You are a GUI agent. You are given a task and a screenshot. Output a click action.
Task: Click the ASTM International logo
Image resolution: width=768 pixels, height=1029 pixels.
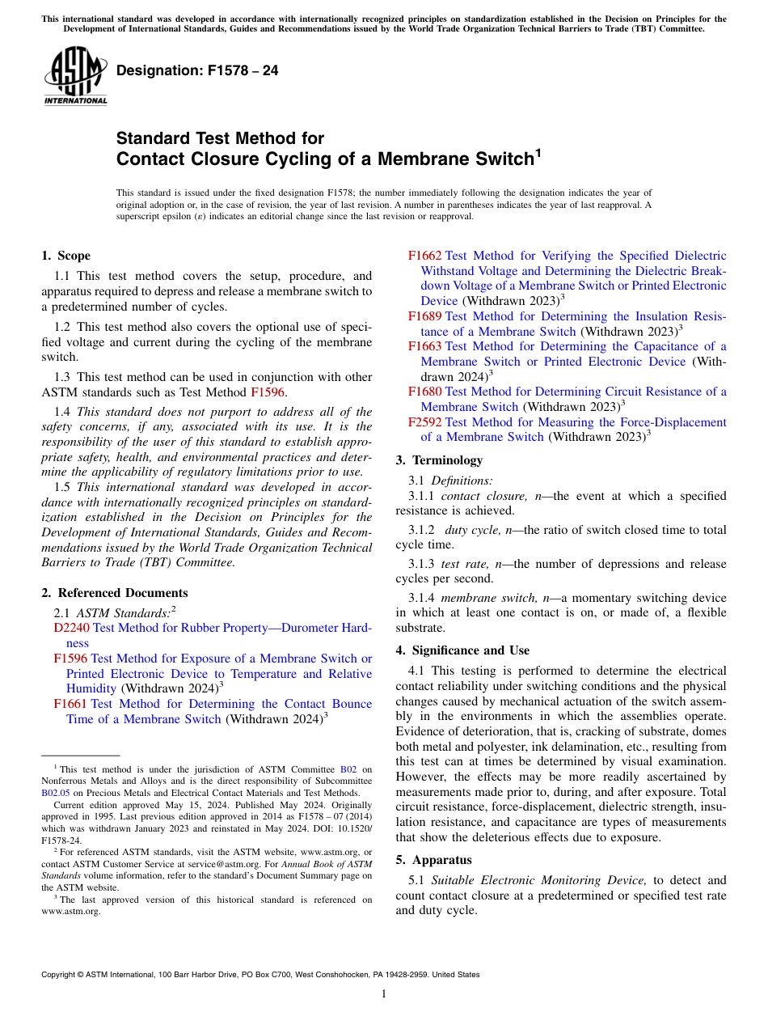pyautogui.click(x=75, y=76)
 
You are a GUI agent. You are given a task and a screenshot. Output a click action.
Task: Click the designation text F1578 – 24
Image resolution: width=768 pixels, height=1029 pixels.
pyautogui.click(x=197, y=70)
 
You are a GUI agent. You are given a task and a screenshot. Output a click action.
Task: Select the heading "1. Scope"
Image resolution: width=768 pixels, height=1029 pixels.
pyautogui.click(x=65, y=256)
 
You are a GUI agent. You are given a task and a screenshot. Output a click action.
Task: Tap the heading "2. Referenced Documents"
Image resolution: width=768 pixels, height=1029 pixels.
pyautogui.click(x=114, y=593)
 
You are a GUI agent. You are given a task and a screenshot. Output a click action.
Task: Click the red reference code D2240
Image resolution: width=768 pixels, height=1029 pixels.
pyautogui.click(x=71, y=628)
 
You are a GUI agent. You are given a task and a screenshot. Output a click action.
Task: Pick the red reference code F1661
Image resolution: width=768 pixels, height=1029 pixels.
pyautogui.click(x=70, y=704)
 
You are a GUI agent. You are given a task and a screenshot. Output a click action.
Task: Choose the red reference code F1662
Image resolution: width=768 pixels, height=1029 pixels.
pyautogui.click(x=424, y=256)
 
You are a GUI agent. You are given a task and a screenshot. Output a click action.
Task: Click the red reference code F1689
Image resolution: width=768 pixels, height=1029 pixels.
pyautogui.click(x=424, y=316)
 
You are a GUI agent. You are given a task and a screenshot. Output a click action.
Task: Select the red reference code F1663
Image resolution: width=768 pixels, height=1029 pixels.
pyautogui.click(x=424, y=346)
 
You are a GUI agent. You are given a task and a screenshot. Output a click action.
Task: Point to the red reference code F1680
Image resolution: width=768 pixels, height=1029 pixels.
pyautogui.click(x=424, y=392)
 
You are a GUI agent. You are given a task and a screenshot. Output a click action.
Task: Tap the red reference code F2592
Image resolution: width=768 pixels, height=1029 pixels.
pyautogui.click(x=424, y=421)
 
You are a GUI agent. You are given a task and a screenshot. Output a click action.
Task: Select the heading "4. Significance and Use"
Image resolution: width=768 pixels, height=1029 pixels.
pyautogui.click(x=462, y=650)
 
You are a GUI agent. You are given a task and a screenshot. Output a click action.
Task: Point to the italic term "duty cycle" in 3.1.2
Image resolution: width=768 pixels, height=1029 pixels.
pyautogui.click(x=471, y=530)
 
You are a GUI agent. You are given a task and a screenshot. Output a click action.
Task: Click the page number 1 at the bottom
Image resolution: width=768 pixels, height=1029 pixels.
pyautogui.click(x=384, y=994)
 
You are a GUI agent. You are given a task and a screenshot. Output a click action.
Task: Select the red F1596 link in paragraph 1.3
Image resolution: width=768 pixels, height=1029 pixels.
pyautogui.click(x=268, y=392)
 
